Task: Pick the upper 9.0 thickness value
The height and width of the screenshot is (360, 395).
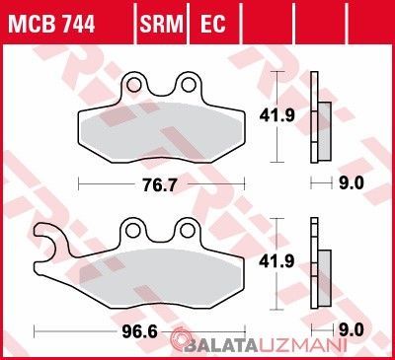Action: coord(352,183)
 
